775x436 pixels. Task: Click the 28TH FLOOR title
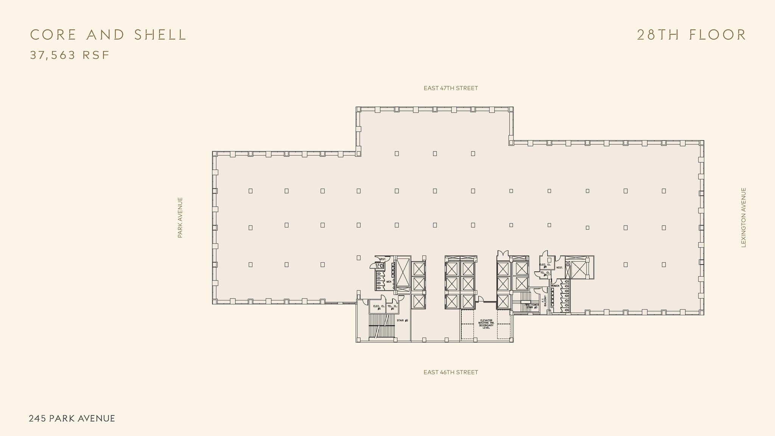691,35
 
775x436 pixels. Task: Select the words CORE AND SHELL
108,35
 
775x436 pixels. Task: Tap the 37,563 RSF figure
70,55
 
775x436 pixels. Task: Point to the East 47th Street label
451,88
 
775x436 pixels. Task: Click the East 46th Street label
451,372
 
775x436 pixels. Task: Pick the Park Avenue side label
180,218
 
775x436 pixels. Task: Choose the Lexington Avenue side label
744,218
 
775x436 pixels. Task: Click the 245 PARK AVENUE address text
72,418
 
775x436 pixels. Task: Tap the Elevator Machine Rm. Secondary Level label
486,324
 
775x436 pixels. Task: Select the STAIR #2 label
402,321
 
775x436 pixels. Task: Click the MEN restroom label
389,282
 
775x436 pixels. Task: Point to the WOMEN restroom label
555,286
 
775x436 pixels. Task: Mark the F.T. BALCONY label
544,301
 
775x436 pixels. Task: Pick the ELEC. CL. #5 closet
379,307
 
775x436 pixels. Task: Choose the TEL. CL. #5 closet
392,307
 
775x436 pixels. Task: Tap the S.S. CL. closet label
377,266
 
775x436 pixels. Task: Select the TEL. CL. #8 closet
545,273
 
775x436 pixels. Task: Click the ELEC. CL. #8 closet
545,265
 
